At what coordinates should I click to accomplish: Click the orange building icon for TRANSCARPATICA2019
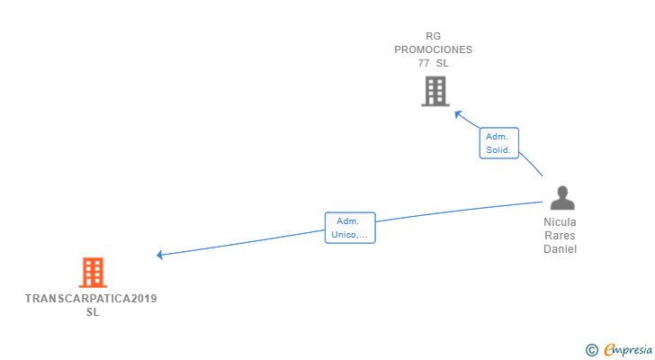[x=93, y=272]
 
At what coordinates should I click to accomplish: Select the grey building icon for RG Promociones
[x=435, y=91]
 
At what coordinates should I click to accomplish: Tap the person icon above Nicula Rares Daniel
[x=562, y=198]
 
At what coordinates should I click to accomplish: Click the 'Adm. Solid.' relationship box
[x=498, y=143]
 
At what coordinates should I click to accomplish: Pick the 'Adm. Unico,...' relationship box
[x=349, y=228]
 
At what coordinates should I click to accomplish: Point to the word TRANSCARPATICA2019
[x=91, y=298]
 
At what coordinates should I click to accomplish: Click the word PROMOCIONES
[x=433, y=50]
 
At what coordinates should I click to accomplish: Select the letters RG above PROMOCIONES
[x=434, y=37]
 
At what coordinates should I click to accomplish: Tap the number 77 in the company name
[x=424, y=64]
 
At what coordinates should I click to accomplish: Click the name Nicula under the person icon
[x=560, y=221]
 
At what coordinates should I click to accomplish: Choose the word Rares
[x=560, y=235]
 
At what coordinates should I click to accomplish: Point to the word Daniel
[x=560, y=249]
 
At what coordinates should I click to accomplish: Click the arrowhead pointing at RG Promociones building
[x=457, y=113]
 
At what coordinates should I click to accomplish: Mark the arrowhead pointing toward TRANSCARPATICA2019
[x=159, y=255]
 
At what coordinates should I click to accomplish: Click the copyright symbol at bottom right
[x=591, y=350]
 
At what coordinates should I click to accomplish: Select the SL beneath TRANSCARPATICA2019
[x=93, y=312]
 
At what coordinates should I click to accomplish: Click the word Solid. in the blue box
[x=498, y=150]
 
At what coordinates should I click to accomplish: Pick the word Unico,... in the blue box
[x=349, y=235]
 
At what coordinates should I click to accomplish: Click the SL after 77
[x=442, y=64]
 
